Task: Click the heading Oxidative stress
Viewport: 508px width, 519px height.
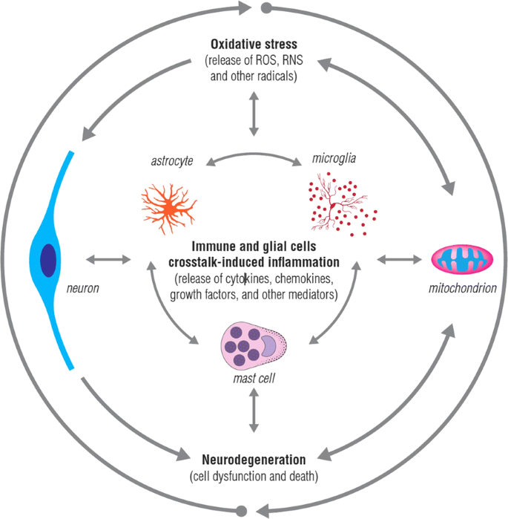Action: click(x=254, y=44)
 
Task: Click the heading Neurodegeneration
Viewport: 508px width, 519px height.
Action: click(x=254, y=459)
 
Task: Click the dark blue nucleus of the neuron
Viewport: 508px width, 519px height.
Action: click(x=47, y=259)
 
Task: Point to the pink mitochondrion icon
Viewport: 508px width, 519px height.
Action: click(x=463, y=260)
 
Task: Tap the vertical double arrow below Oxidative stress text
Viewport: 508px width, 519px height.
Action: click(x=254, y=113)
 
